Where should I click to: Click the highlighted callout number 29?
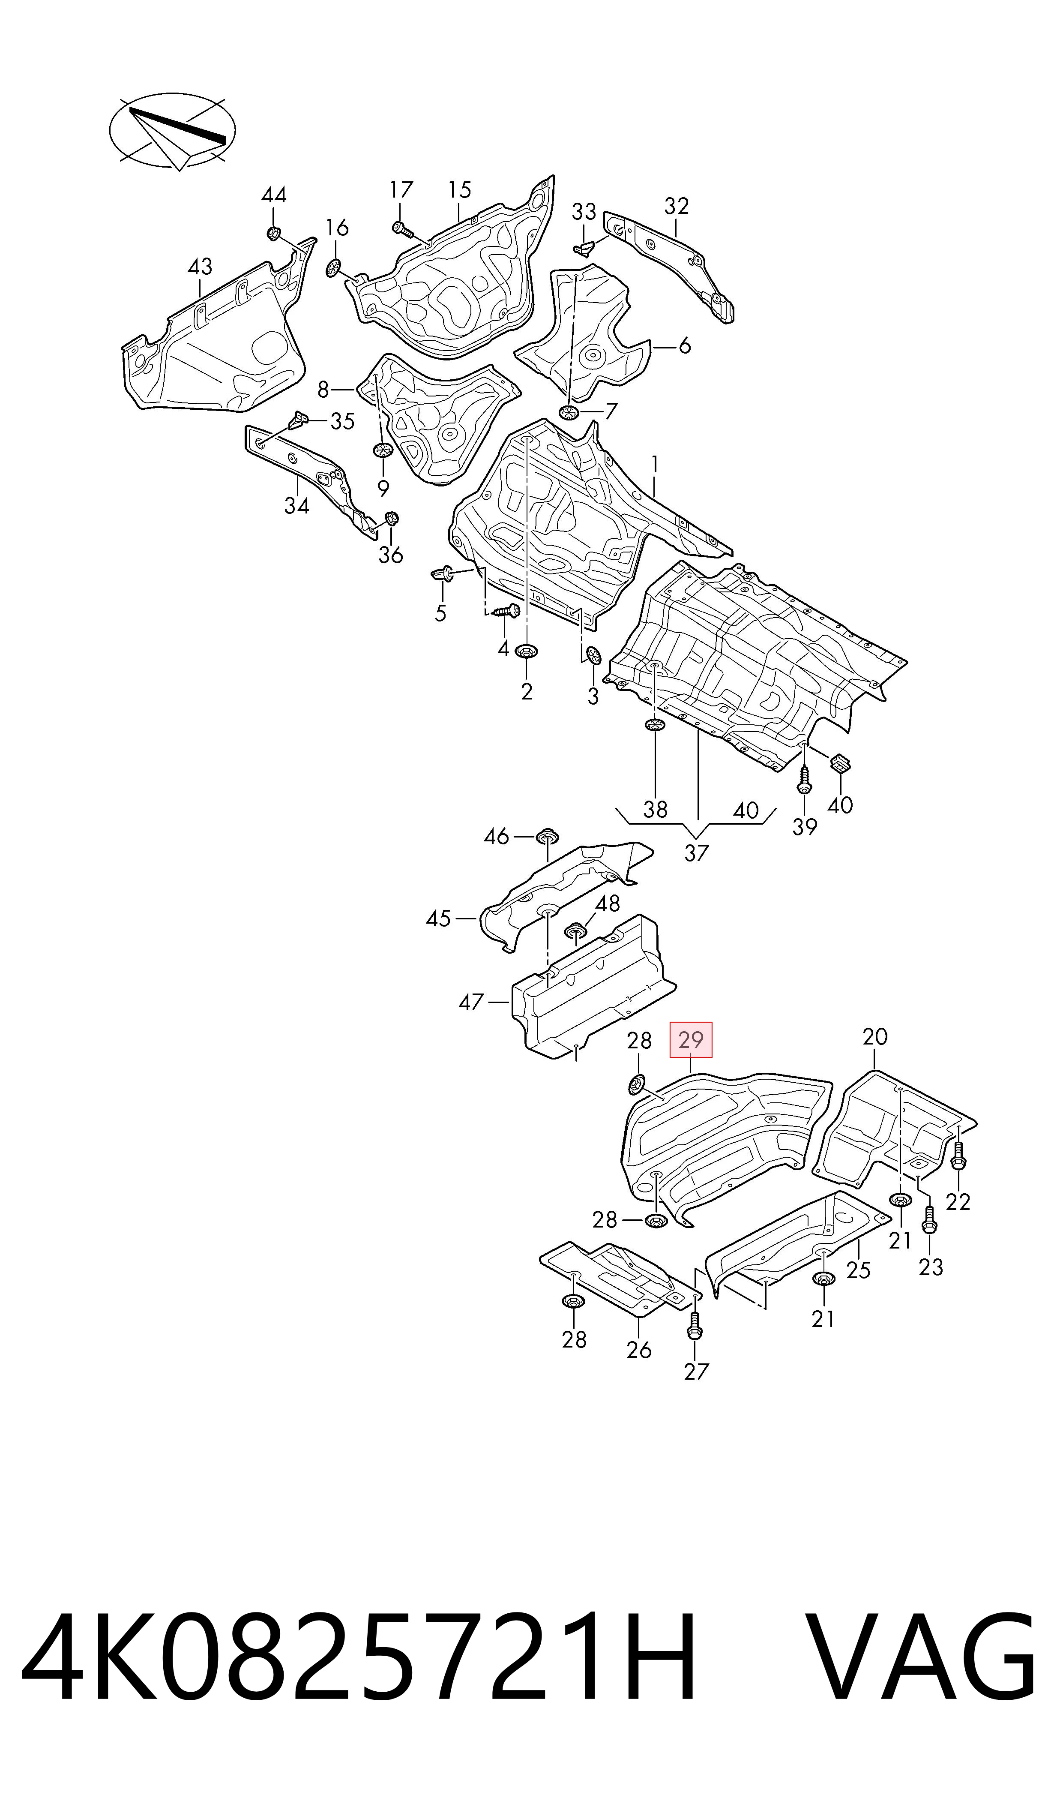point(691,1039)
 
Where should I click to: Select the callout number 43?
point(200,267)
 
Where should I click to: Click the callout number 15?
point(460,190)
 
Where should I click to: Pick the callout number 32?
point(676,206)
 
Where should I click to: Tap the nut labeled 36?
point(391,519)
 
